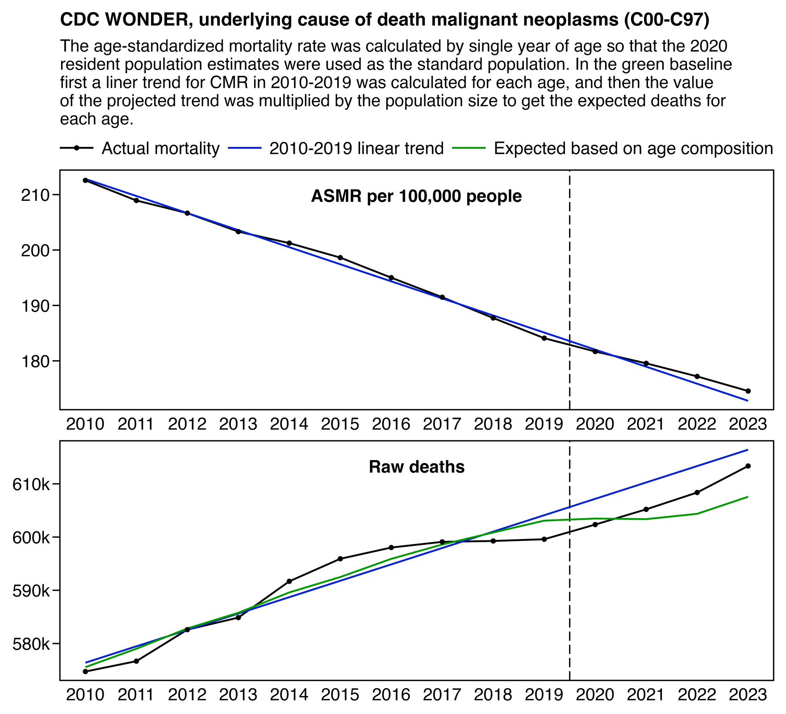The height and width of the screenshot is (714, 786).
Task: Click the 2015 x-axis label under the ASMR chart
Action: pos(340,424)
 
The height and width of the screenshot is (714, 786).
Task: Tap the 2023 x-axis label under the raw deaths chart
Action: pos(748,695)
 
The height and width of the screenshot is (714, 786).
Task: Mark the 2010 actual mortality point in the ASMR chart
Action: pos(85,180)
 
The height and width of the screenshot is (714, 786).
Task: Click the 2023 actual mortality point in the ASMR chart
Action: pos(748,391)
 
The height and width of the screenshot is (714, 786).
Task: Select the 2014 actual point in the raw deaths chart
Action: pos(289,581)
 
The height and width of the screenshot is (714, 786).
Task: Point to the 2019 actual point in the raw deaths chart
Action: pos(544,539)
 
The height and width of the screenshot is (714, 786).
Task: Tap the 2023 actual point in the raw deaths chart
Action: pos(748,466)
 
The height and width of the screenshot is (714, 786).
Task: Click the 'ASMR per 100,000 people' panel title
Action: pos(416,196)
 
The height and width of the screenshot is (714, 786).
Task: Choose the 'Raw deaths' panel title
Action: pos(417,467)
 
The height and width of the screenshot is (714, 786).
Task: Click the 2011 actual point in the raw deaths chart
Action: pos(136,661)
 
